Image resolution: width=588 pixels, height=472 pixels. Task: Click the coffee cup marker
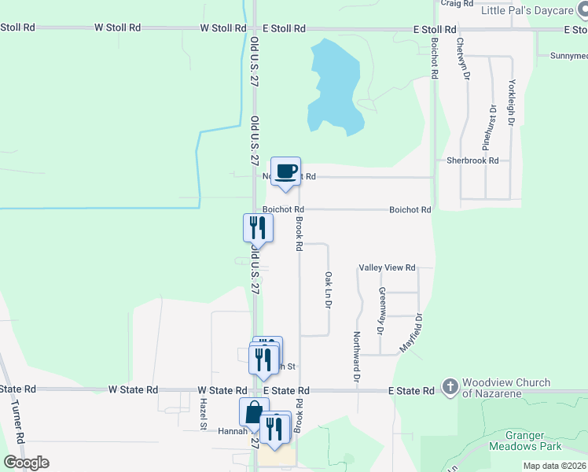point(286,171)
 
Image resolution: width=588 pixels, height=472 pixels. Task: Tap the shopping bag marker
point(254,412)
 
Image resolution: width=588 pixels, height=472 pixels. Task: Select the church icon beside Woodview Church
point(450,386)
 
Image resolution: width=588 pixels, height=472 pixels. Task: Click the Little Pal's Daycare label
point(528,11)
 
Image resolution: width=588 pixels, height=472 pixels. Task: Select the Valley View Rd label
point(387,268)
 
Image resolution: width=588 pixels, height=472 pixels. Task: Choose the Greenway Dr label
point(382,310)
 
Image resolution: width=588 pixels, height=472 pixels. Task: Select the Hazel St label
point(202,414)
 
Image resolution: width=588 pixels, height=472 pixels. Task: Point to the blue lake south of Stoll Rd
point(334,87)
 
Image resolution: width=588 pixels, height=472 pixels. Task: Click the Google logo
point(27,463)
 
